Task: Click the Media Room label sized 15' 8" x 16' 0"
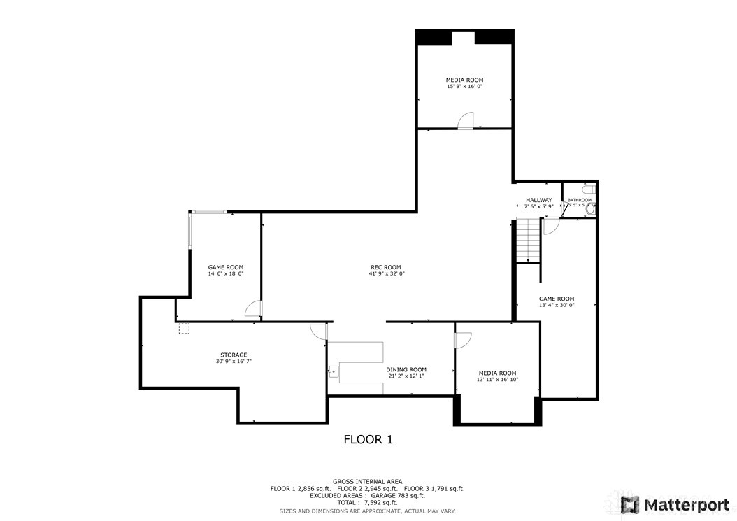point(465,83)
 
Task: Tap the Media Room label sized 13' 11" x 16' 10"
point(497,376)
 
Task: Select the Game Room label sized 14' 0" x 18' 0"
point(225,270)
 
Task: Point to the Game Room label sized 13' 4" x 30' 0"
point(556,301)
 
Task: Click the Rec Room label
point(386,270)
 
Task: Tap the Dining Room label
point(406,372)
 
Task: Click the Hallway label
point(538,203)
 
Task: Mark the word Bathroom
point(580,200)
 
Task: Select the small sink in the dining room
point(333,371)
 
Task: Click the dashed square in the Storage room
point(184,328)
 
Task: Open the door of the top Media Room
point(466,121)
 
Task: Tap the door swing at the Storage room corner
point(318,331)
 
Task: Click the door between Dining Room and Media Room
point(463,339)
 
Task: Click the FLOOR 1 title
point(368,439)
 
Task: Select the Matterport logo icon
point(630,504)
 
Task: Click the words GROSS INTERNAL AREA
point(368,481)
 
